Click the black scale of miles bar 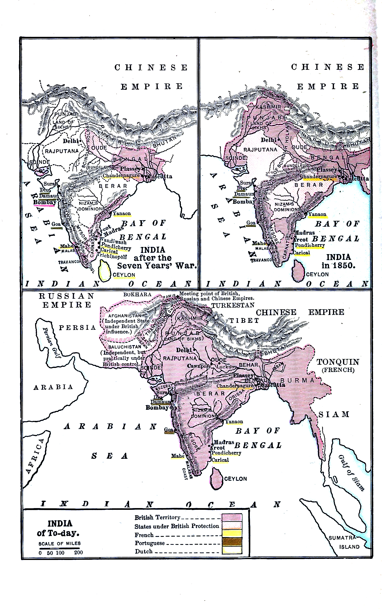pos(59,548)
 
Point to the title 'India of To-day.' pos(59,528)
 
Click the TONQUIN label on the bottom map pos(338,362)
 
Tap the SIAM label pos(334,415)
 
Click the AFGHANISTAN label pos(125,316)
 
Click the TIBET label pos(244,321)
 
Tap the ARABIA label pos(53,387)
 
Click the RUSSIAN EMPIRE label pos(67,300)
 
